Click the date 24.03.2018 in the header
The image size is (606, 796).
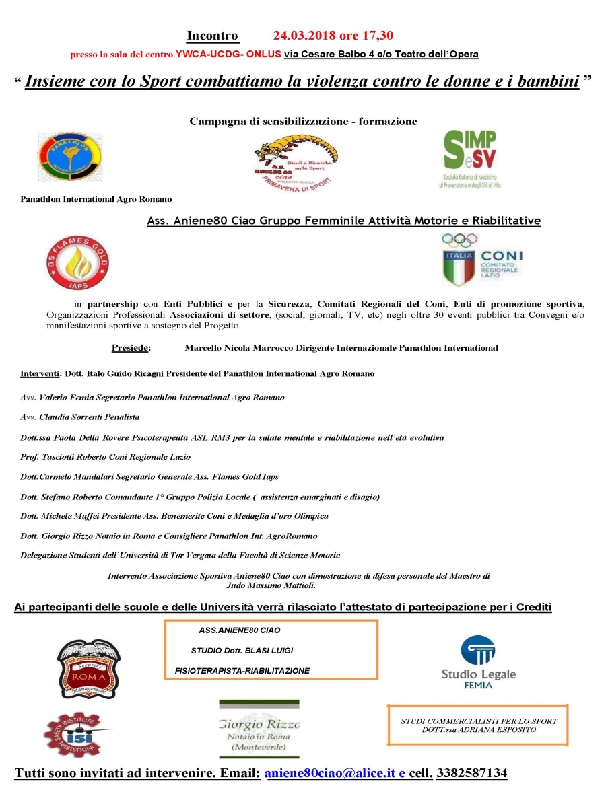307,36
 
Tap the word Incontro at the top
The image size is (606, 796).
212,36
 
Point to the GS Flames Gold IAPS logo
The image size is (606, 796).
75,262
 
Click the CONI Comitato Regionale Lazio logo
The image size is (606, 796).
481,259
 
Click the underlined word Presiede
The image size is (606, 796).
131,348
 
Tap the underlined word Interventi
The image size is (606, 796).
40,373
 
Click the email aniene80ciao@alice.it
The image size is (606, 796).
331,773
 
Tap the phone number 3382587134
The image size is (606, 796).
471,773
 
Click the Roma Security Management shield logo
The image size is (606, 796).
89,668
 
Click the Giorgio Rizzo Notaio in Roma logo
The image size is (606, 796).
259,729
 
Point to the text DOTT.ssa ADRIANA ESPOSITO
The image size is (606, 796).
479,729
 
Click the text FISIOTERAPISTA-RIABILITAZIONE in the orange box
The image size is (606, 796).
242,671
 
